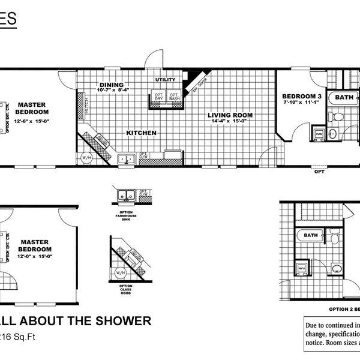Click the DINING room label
point(111,85)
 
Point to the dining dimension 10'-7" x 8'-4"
point(114,91)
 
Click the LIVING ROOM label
point(230,115)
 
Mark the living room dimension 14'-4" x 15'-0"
point(231,121)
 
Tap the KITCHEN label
point(141,133)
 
